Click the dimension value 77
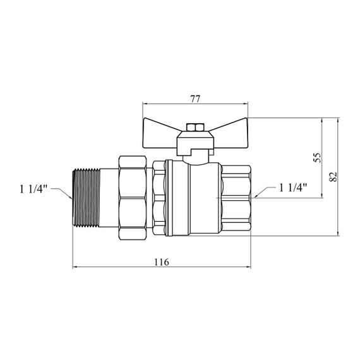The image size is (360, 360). click(x=195, y=99)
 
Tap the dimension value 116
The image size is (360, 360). click(x=162, y=262)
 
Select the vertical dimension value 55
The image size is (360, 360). click(x=318, y=157)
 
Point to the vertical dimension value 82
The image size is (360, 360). click(x=333, y=177)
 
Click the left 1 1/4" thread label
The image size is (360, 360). click(x=33, y=189)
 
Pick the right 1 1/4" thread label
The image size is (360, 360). click(x=292, y=188)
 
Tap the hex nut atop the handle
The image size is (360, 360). click(x=195, y=127)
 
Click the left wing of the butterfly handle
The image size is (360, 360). click(x=160, y=133)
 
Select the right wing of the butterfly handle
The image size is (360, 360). click(x=230, y=133)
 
